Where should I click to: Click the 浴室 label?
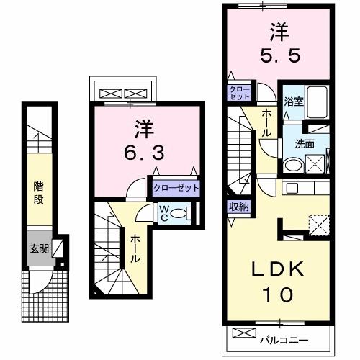pos(293,102)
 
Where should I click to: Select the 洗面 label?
pos(304,143)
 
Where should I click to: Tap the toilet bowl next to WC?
pos(184,213)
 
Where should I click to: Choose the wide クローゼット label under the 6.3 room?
pos(176,187)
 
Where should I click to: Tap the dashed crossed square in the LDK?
pos(318,225)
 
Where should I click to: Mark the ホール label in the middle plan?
pos(135,248)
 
